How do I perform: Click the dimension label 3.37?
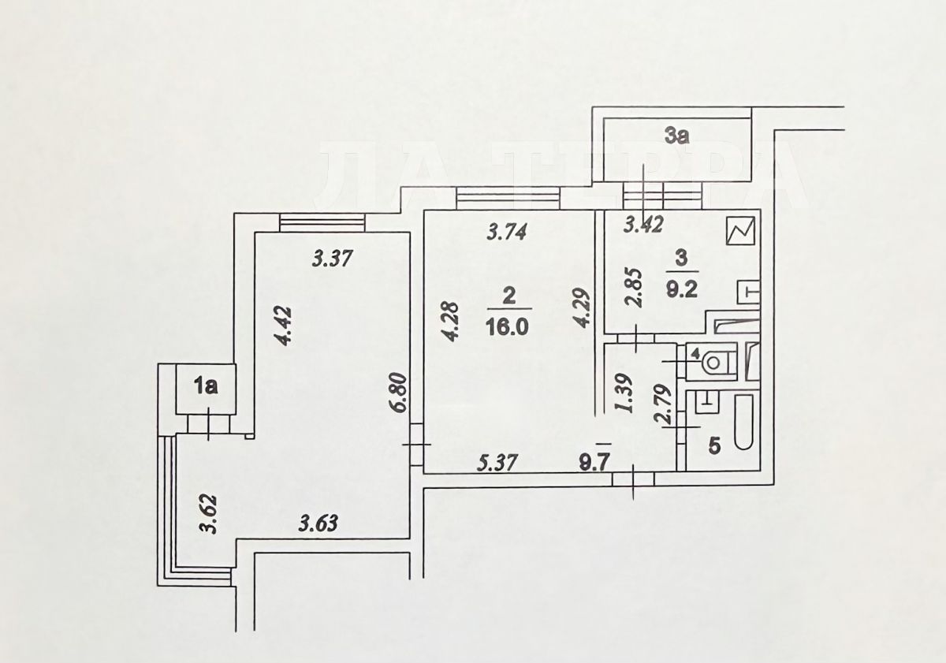click(332, 259)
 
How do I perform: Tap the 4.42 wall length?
click(283, 326)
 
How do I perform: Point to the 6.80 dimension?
click(400, 393)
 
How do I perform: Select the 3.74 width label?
click(506, 232)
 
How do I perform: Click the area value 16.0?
click(507, 326)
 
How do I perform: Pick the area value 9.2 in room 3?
click(682, 290)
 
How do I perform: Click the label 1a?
click(205, 387)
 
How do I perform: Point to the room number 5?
click(713, 446)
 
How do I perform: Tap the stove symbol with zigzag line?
click(741, 231)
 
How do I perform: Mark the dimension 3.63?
click(318, 524)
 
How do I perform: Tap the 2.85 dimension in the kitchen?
click(634, 287)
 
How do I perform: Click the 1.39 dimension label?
click(624, 393)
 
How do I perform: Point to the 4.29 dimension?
click(581, 308)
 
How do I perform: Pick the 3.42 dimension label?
click(643, 225)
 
